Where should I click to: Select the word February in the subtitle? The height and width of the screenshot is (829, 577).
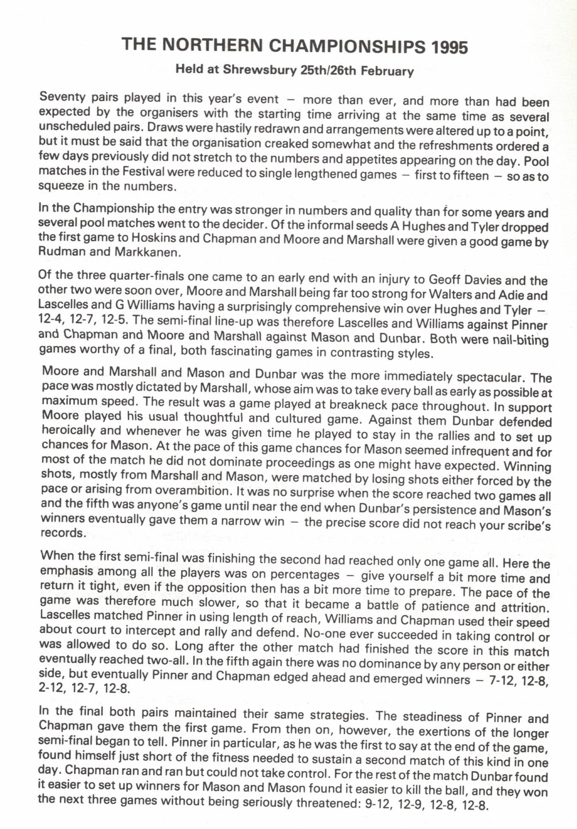click(x=387, y=71)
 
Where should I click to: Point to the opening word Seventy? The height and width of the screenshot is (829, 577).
click(x=62, y=97)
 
